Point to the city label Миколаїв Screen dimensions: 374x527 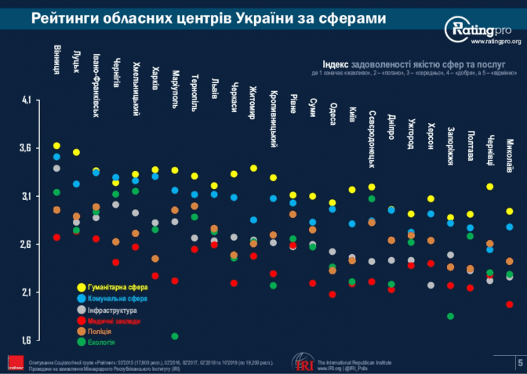[x=510, y=158]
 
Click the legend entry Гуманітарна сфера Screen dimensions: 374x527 [x=114, y=287]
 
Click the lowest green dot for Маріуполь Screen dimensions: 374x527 [x=174, y=336]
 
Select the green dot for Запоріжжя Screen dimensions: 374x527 [x=450, y=317]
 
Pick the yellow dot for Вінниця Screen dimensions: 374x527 [x=56, y=146]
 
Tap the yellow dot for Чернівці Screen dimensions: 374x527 [x=490, y=187]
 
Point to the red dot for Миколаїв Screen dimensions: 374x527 [x=510, y=304]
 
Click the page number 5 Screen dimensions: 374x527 [x=519, y=361]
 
